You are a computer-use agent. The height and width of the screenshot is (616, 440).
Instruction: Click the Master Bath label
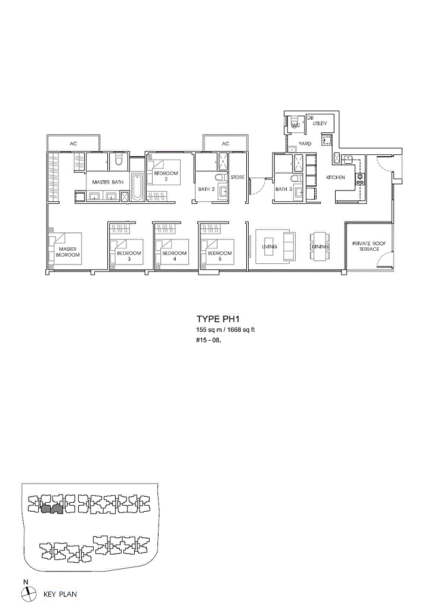tap(107, 182)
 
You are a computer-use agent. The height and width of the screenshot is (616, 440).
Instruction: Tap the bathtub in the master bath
tap(137, 186)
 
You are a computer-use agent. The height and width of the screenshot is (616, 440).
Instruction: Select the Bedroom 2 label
tap(166, 176)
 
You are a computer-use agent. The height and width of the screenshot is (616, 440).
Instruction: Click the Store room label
tap(237, 177)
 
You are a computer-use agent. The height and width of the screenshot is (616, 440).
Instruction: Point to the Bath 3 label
tap(284, 189)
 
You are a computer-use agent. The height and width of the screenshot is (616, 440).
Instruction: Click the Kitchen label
tap(336, 178)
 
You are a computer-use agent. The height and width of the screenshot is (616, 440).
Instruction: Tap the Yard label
tap(305, 144)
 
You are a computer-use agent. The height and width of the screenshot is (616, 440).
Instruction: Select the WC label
tap(296, 125)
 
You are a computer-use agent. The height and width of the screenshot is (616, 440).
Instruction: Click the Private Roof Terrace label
tap(369, 246)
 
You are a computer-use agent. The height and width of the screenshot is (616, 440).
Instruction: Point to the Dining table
tap(320, 247)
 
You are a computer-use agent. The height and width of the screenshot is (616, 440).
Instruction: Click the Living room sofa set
tap(275, 247)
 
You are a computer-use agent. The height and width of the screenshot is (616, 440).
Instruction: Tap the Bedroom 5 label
tap(220, 256)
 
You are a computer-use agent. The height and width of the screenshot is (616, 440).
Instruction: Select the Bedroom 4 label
tap(174, 256)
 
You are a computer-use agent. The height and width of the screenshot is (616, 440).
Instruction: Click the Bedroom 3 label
tap(129, 256)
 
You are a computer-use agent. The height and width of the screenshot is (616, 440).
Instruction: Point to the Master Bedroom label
tap(67, 252)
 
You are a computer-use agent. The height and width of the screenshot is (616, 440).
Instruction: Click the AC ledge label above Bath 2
tap(225, 144)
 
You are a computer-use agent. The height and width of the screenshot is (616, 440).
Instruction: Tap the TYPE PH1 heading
tap(218, 319)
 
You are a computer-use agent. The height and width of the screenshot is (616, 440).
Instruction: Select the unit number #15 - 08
tap(209, 341)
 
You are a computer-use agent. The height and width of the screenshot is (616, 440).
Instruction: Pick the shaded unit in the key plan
tap(51, 509)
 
